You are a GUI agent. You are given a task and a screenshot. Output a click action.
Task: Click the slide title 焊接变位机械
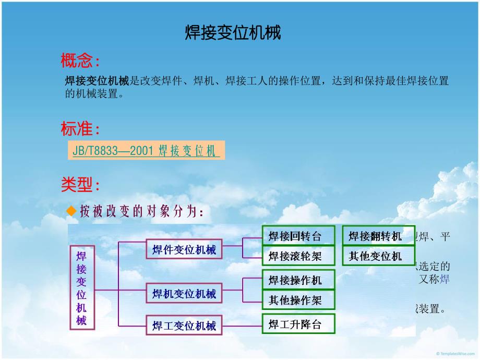point(233,33)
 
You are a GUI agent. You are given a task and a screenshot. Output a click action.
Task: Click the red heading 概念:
point(80,62)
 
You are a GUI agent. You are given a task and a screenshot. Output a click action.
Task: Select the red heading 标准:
point(80,128)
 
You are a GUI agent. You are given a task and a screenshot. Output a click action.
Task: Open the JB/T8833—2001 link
point(144,151)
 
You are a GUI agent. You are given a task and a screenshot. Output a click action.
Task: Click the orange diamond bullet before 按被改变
point(71,211)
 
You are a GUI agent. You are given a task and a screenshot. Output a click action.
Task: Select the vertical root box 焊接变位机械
point(82,287)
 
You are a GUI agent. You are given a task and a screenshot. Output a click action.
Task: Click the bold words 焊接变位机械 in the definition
point(97,81)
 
